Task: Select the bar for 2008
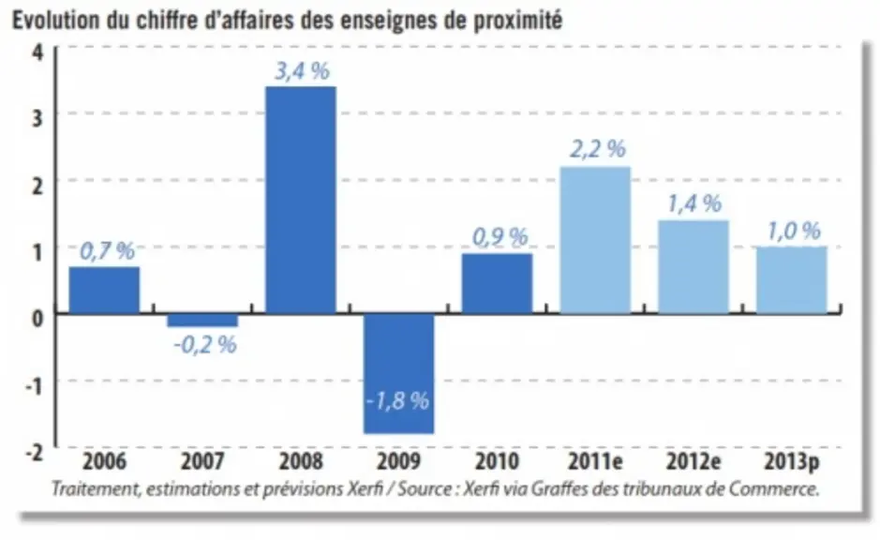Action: [301, 200]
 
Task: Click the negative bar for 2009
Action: [399, 373]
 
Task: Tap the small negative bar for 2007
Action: [202, 320]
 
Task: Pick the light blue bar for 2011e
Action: [595, 240]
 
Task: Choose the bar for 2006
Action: [104, 291]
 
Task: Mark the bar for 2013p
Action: [791, 280]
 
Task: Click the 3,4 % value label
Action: [302, 71]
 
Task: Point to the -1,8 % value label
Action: [398, 401]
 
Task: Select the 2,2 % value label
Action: [598, 149]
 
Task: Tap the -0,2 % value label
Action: [205, 345]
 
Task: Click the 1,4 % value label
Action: [694, 203]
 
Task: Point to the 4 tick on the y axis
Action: [37, 53]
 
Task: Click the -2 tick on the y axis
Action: [34, 453]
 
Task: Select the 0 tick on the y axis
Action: [37, 319]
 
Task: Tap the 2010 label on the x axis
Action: [498, 461]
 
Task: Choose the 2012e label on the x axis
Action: [694, 461]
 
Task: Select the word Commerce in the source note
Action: [774, 489]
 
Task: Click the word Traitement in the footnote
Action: [95, 489]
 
